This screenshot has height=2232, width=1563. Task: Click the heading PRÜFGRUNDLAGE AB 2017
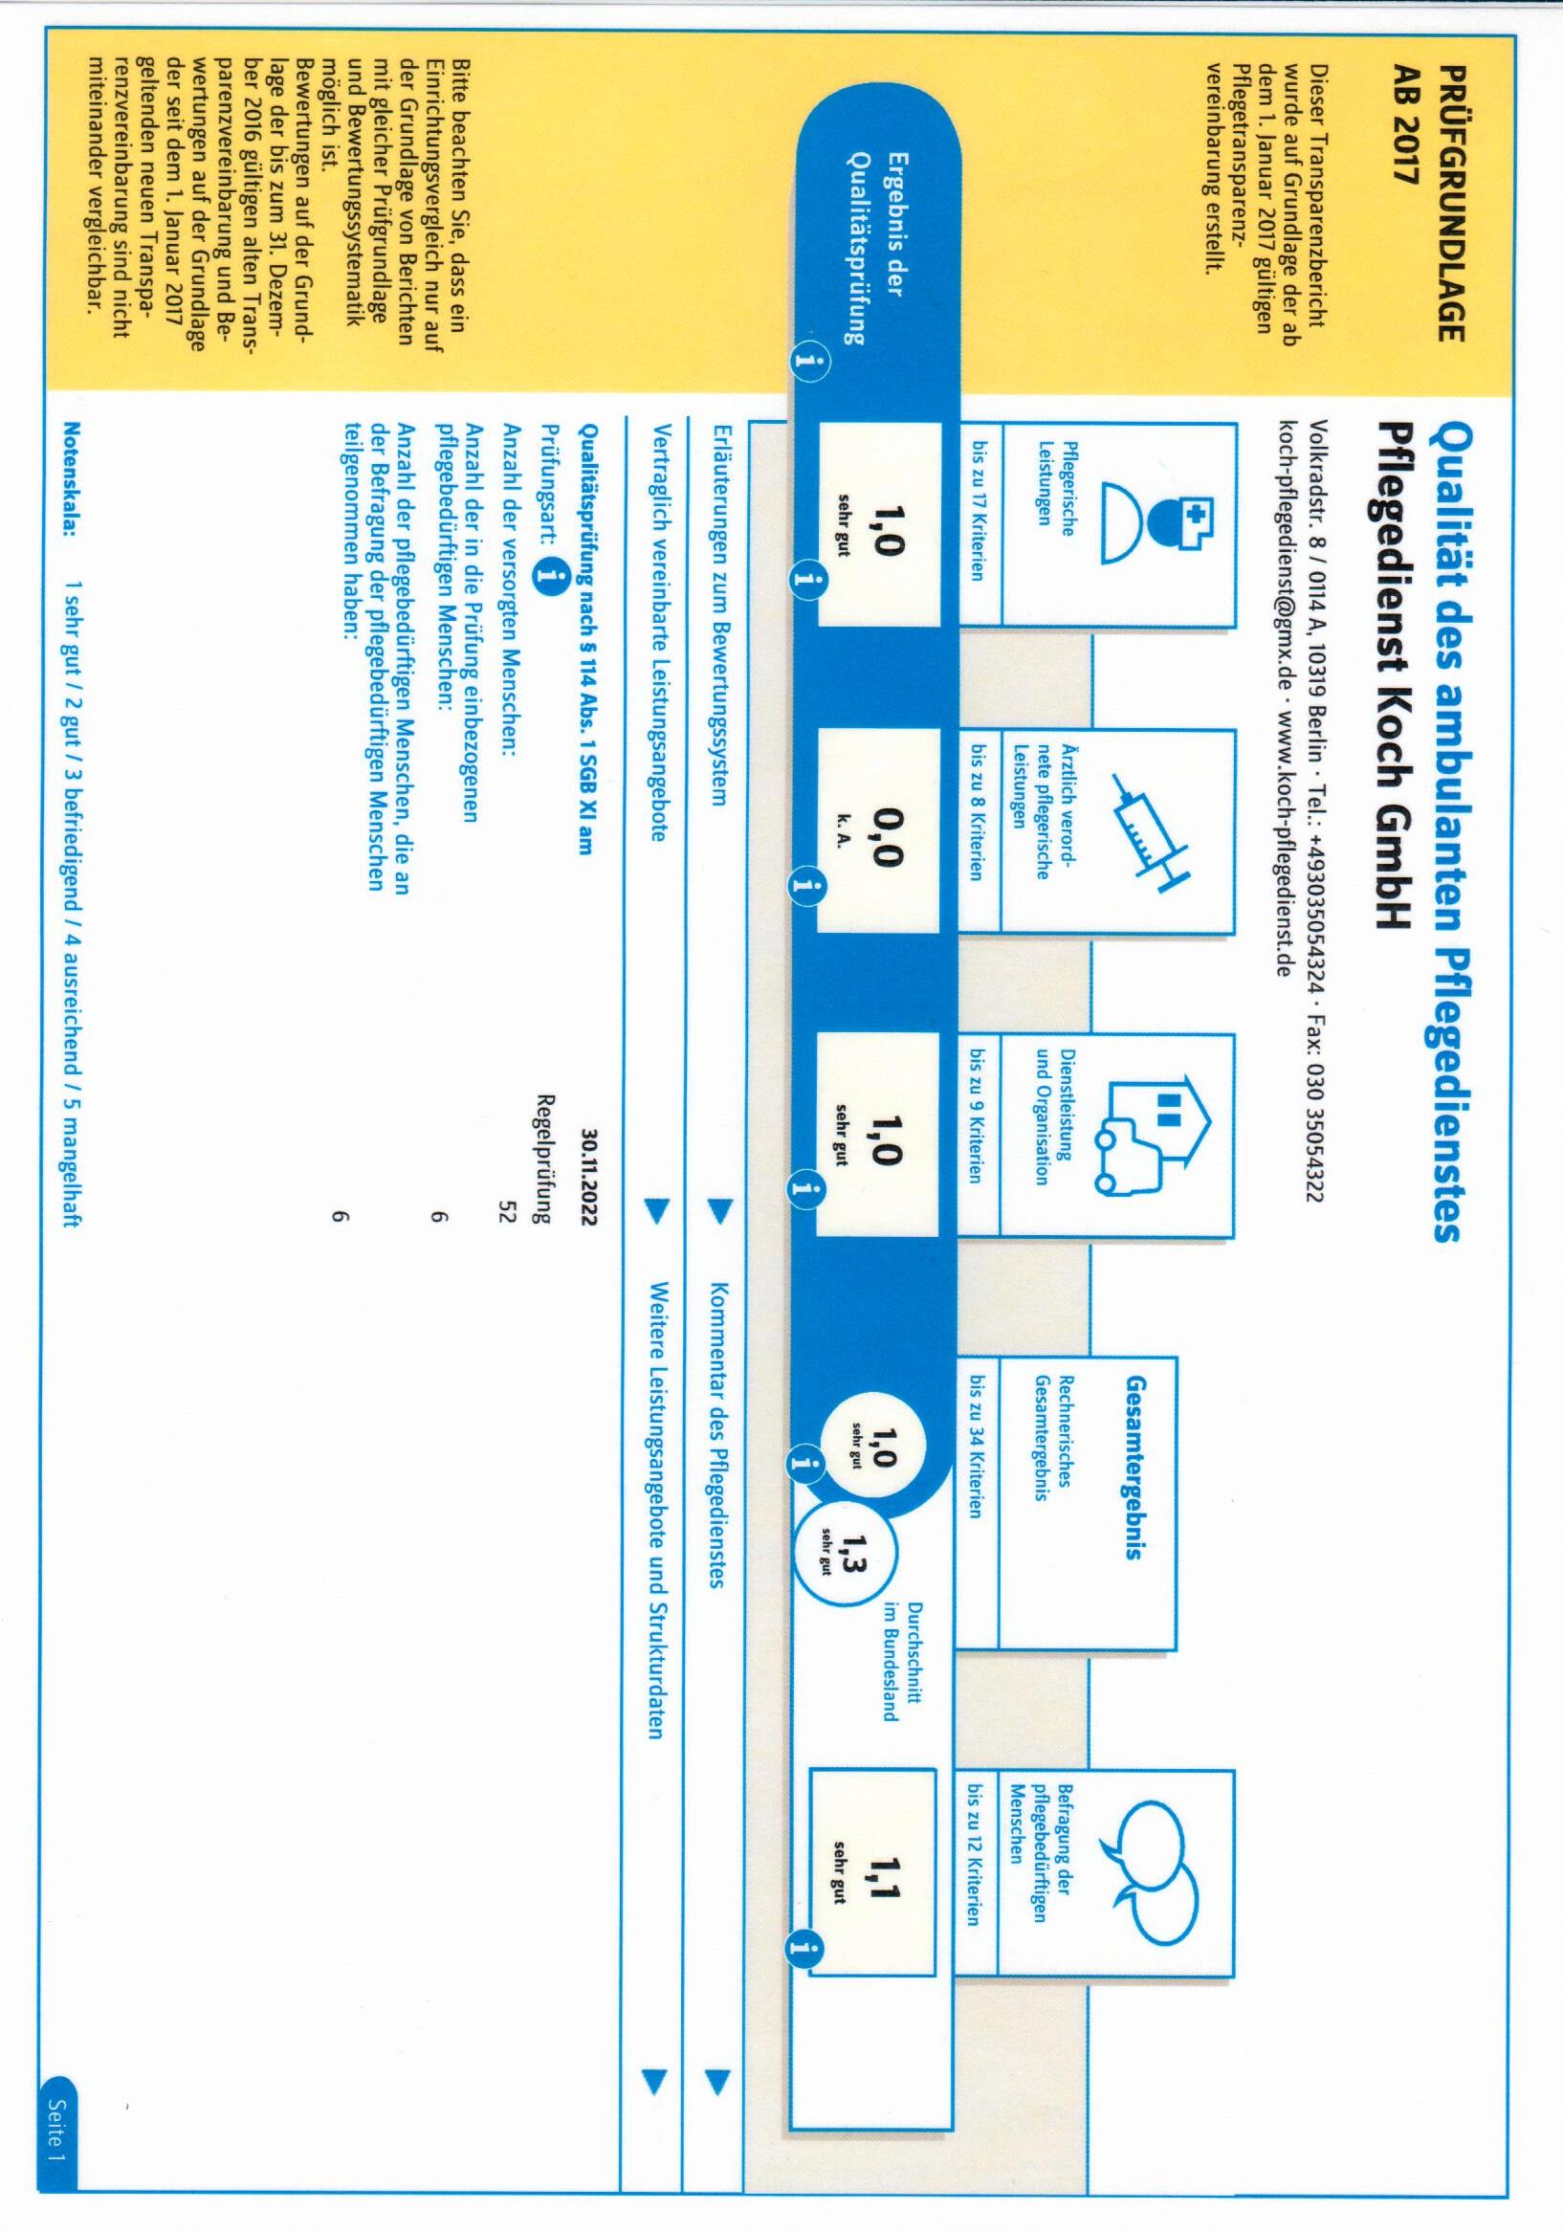[1435, 203]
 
